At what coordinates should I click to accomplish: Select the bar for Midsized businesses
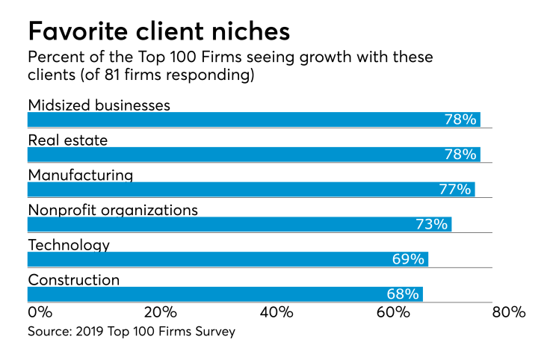pos(253,120)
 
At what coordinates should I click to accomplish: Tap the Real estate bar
pos(253,155)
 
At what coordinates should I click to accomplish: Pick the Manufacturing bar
pos(250,189)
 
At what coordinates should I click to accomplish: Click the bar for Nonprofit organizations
pos(239,224)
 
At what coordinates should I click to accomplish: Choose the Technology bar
pos(227,259)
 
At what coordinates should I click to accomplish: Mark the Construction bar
pos(225,294)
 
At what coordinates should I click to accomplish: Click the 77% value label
pos(455,190)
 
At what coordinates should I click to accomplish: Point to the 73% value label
pos(431,225)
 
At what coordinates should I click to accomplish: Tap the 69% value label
pos(408,260)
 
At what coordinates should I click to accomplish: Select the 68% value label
pos(403,295)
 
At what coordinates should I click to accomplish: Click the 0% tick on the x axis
pos(39,311)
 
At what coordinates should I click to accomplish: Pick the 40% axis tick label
pos(276,311)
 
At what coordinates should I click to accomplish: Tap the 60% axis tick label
pos(393,311)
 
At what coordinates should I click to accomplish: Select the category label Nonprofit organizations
pos(113,210)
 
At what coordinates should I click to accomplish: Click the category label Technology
pos(69,245)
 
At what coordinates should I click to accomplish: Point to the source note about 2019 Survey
pos(132,331)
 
